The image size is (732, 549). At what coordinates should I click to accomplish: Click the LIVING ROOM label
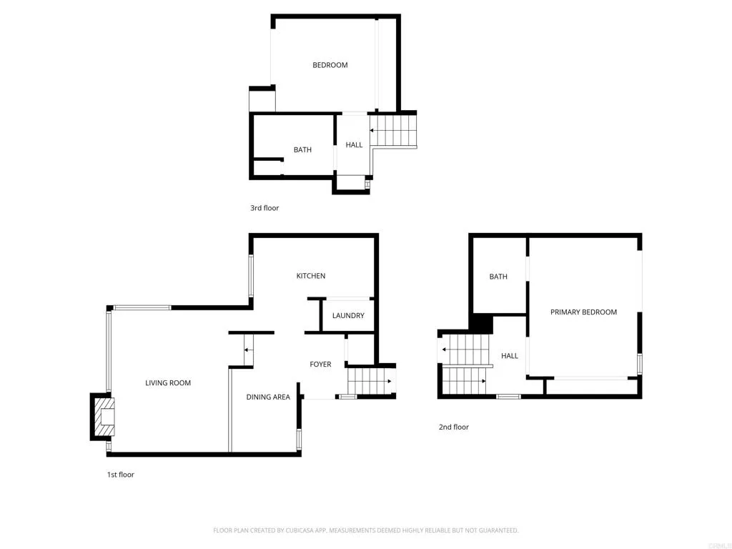click(168, 383)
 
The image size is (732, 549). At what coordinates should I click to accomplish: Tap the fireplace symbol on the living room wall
click(104, 417)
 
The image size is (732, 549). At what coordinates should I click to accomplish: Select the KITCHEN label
click(311, 276)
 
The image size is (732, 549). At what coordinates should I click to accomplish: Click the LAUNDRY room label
click(348, 315)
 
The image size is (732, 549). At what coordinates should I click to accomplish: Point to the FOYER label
click(320, 365)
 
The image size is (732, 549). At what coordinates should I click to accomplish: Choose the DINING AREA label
click(268, 397)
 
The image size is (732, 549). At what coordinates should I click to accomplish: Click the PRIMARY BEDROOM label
click(583, 312)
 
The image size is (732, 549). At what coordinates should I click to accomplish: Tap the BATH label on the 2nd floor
click(498, 277)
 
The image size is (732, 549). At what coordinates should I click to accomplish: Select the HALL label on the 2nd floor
click(510, 356)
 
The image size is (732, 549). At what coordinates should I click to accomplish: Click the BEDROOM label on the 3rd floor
click(330, 65)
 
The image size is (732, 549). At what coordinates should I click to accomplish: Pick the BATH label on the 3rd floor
click(302, 150)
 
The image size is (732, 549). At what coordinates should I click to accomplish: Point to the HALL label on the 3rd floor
click(354, 145)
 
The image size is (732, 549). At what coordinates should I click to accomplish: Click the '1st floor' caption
click(121, 475)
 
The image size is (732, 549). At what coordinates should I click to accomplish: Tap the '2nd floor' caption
click(454, 427)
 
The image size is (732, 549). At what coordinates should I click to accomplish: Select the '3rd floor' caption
click(264, 208)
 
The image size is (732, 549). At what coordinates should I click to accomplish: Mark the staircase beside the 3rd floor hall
click(393, 131)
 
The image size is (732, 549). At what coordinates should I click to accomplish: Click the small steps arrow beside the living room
click(247, 350)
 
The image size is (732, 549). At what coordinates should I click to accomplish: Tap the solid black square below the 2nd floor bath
click(481, 324)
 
